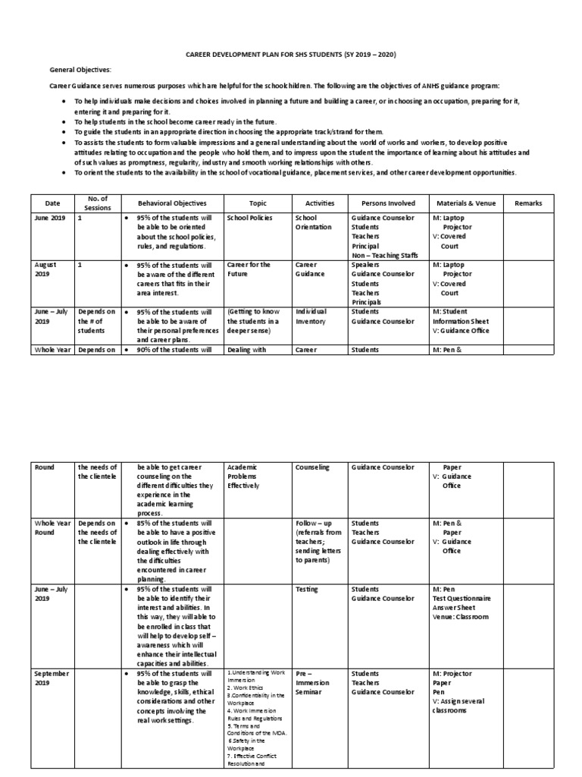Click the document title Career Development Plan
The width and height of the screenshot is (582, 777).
pyautogui.click(x=292, y=55)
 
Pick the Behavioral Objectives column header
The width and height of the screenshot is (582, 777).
pyautogui.click(x=171, y=203)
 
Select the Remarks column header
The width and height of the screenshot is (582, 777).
pyautogui.click(x=528, y=203)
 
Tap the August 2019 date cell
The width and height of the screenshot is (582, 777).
pyautogui.click(x=47, y=269)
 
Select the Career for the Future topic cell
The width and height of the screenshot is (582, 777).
pyautogui.click(x=249, y=269)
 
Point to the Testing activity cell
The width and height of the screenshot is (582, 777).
pyautogui.click(x=308, y=589)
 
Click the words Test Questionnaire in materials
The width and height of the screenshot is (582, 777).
pyautogui.click(x=462, y=598)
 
